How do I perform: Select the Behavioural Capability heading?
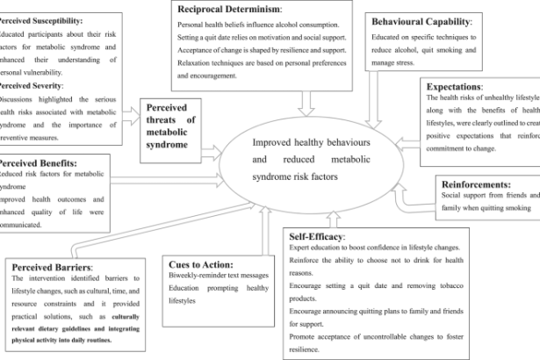pyautogui.click(x=422, y=20)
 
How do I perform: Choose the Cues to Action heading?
pyautogui.click(x=201, y=263)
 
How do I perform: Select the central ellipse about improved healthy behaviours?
pyautogui.click(x=324, y=153)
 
